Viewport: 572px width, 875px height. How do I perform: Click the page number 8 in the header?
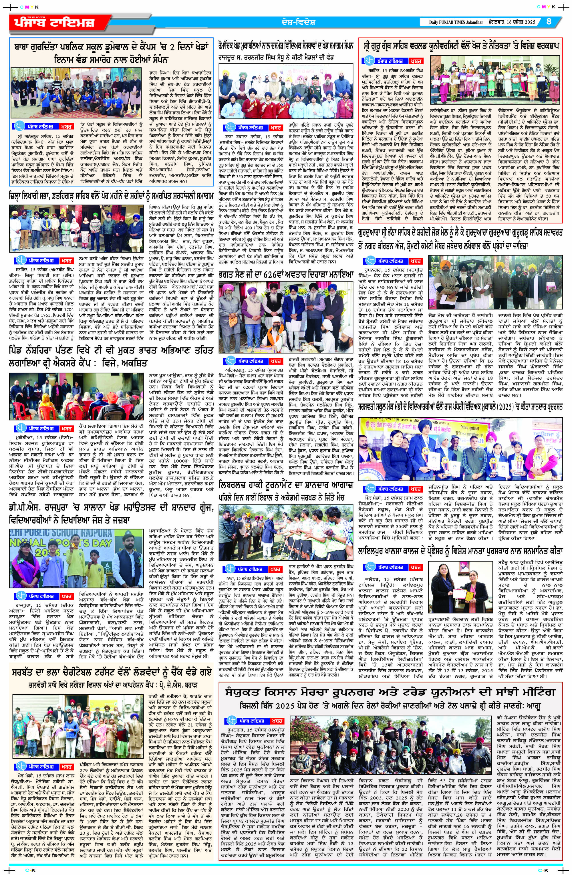549,21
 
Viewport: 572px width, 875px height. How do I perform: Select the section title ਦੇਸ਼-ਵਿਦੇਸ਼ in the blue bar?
296,22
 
